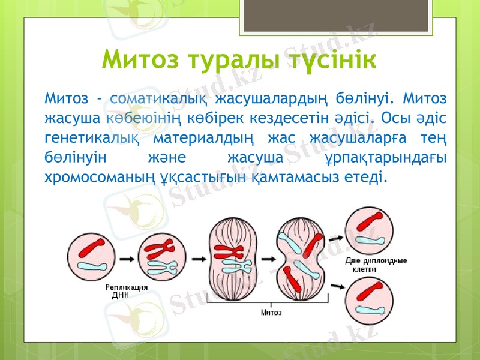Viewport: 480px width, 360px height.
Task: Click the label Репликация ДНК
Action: click(127, 291)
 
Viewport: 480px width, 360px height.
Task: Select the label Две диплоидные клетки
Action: click(376, 265)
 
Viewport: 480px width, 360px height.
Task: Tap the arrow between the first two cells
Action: click(126, 259)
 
